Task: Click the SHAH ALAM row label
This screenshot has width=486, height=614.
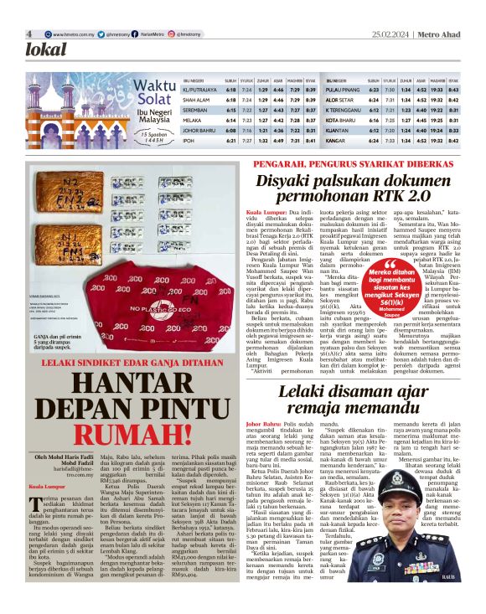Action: click(x=198, y=99)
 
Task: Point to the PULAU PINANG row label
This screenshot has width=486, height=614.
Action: click(x=344, y=89)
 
